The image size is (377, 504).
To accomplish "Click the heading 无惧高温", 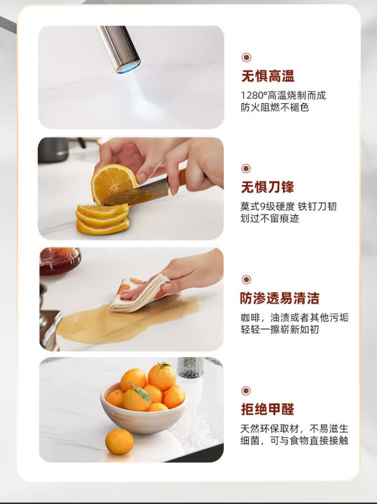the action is pos(267,76).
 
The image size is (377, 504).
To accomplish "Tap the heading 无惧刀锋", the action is pos(267,187).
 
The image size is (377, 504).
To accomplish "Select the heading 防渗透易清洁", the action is pos(279,298).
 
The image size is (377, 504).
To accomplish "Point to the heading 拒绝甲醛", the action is pos(267,409).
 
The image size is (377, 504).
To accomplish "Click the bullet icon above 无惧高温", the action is pos(246,58).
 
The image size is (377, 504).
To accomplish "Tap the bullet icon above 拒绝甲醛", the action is pos(246,391).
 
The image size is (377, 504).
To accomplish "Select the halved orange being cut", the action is pos(114,183).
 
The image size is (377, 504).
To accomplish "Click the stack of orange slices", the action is pos(103,219).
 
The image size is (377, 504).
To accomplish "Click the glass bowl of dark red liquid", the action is pos(60,260).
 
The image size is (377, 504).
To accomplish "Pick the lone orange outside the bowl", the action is pos(119,441).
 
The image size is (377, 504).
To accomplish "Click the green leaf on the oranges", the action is pos(142,394).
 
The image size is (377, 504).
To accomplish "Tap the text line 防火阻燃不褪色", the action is pos(275,108).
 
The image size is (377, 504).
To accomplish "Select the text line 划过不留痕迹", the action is pos(270,219).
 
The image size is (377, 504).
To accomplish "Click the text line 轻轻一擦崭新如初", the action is pos(280,330).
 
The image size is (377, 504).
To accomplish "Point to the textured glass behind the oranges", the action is pos(190,367).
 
